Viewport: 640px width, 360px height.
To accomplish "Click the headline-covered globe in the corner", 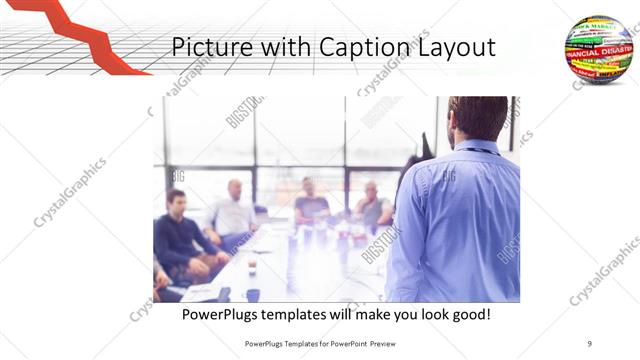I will point(598,48).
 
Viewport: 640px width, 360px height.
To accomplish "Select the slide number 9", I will point(590,343).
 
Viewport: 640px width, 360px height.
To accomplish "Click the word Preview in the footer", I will point(381,343).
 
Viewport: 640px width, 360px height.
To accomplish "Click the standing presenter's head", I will point(477,119).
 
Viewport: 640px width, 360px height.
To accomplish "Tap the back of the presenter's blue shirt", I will point(460,220).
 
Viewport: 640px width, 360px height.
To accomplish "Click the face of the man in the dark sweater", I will point(176,200).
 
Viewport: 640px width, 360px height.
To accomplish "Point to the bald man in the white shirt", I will point(233,210).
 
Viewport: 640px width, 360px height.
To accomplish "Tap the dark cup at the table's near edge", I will point(252,294).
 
